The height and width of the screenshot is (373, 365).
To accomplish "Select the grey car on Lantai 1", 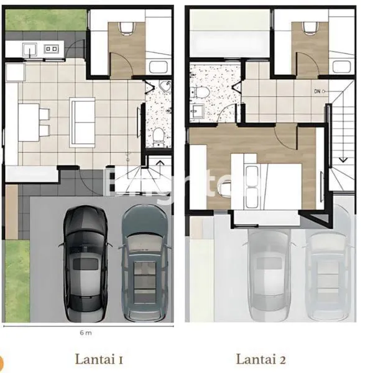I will tap(144, 264).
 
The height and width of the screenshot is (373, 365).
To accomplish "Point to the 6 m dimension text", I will tap(86, 333).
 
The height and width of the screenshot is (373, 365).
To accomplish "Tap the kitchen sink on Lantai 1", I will tap(29, 48).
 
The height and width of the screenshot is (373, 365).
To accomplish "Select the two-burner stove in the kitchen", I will tap(52, 48).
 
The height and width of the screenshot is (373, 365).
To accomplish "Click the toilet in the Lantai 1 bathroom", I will tap(159, 134).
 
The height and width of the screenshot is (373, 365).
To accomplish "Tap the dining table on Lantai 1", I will tap(28, 119).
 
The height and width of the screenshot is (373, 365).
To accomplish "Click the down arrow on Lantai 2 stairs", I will tap(343, 160).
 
